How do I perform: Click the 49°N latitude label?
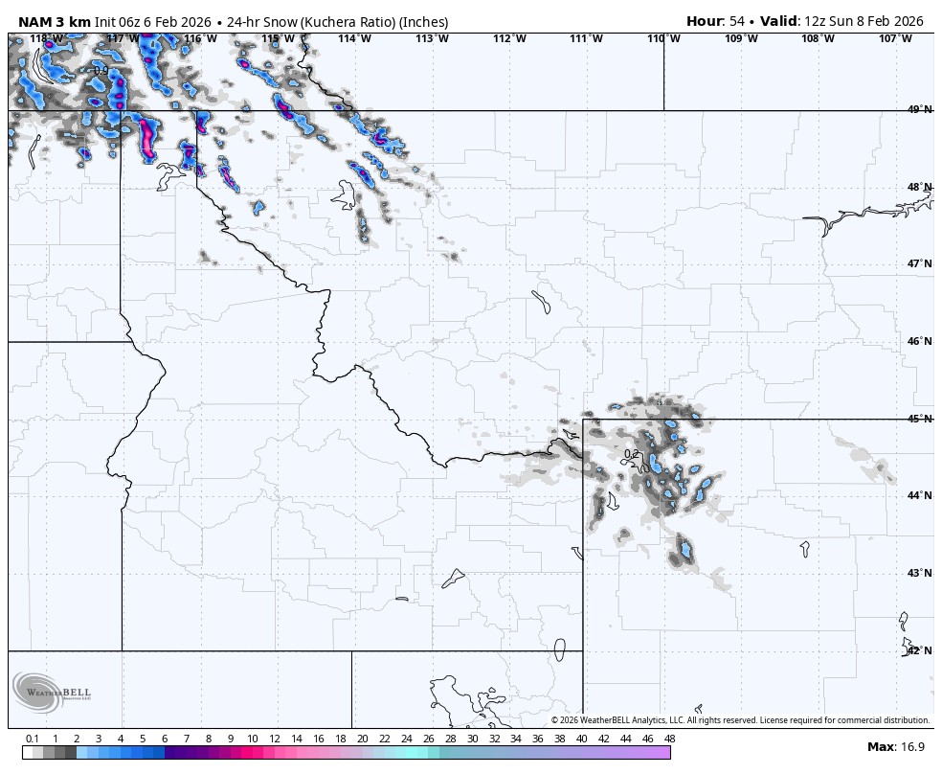coord(919,110)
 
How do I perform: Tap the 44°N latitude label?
coord(919,495)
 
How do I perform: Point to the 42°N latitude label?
coord(919,650)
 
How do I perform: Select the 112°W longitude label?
coord(509,38)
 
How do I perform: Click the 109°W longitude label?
coord(741,38)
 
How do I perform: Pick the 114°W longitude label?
coord(354,38)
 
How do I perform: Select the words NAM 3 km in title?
coord(54,21)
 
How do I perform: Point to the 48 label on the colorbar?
coord(669,739)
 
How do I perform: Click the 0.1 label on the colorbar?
coord(33,739)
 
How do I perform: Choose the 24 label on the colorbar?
coord(406,739)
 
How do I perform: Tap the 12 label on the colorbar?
coord(275,739)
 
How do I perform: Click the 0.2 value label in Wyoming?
coord(631,454)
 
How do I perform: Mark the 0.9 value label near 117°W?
coord(101,71)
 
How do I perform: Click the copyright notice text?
coord(740,720)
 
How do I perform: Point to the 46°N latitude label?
coord(919,341)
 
